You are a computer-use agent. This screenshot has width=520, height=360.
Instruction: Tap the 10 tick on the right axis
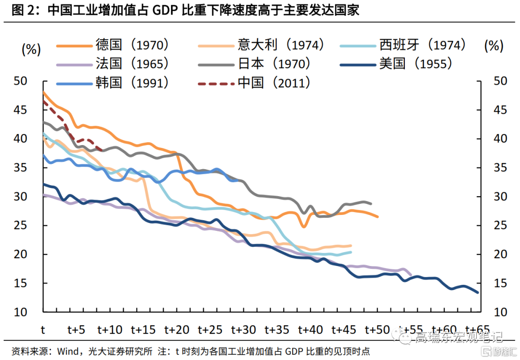point(500,312)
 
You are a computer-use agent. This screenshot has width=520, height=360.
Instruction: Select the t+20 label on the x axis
point(177,330)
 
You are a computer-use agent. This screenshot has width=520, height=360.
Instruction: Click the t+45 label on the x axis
point(344,330)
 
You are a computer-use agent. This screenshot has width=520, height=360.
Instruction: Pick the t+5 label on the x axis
point(76,330)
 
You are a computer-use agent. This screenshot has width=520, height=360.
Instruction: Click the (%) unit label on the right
point(493,46)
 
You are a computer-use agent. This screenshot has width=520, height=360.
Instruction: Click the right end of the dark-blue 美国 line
point(478,292)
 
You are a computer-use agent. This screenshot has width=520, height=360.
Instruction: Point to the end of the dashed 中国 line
point(103,150)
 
